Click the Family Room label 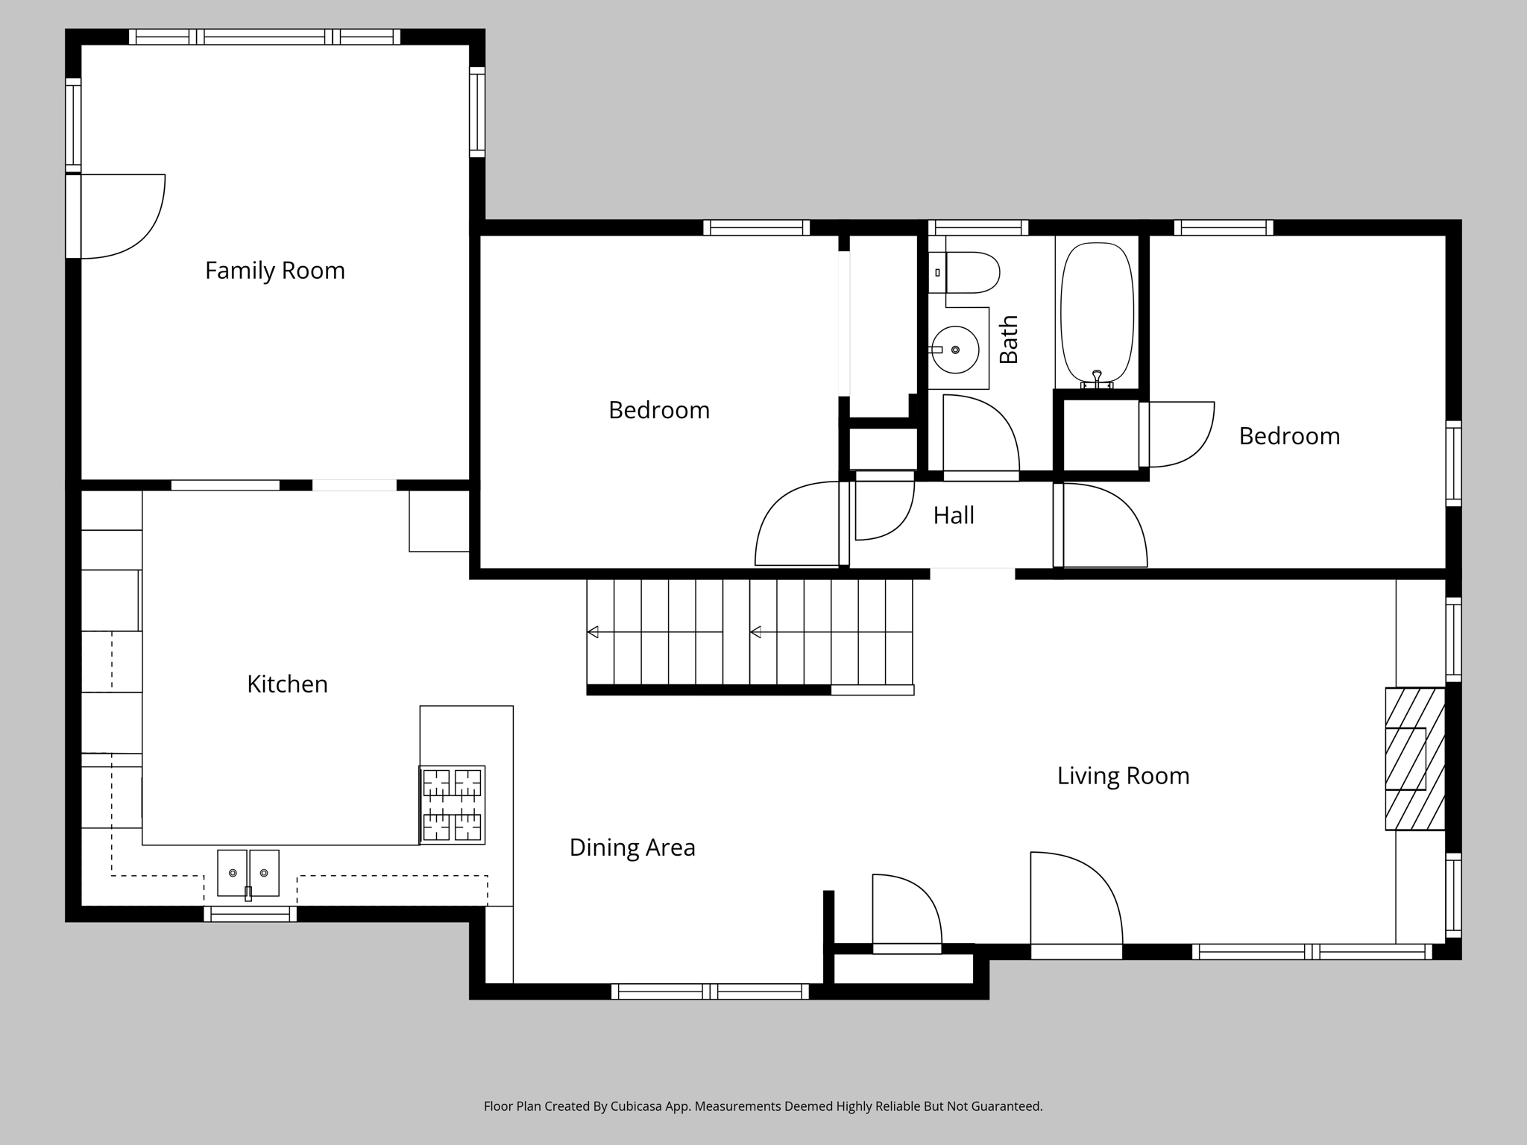275,271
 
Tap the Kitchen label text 287,684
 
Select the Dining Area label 632,848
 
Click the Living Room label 1123,776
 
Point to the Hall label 954,516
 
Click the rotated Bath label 1008,339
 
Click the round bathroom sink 955,350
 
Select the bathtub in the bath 1097,313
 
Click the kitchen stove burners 452,805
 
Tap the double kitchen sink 248,873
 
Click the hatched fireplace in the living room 1414,759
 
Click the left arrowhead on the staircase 593,632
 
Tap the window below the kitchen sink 250,914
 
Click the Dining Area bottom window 709,991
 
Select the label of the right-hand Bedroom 1289,436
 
